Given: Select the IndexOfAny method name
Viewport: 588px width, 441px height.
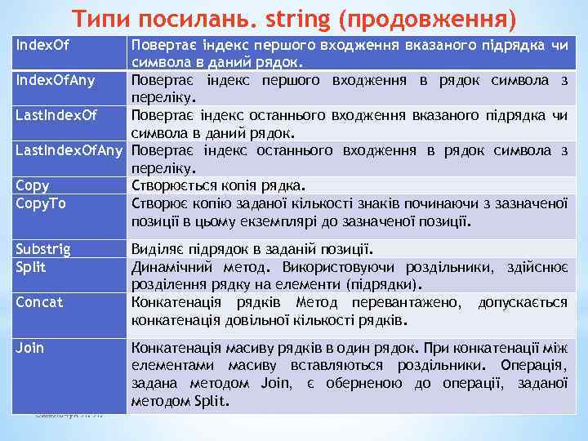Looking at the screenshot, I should pyautogui.click(x=52, y=80).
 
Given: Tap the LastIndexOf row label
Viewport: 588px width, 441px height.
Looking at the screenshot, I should pyautogui.click(x=56, y=115).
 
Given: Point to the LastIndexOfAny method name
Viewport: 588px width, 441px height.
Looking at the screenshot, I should pyautogui.click(x=68, y=150).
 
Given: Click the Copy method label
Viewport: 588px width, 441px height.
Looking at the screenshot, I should pyautogui.click(x=33, y=185).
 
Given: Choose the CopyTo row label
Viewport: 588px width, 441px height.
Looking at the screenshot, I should pyautogui.click(x=41, y=202).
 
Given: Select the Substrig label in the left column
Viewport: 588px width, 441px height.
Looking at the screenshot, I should pyautogui.click(x=43, y=249).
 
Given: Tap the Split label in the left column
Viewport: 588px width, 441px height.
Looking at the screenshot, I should pyautogui.click(x=32, y=266).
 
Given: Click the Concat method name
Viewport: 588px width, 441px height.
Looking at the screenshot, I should pyautogui.click(x=38, y=301).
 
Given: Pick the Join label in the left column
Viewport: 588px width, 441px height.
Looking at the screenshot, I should pyautogui.click(x=30, y=348).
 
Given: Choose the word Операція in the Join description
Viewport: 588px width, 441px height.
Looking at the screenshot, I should pyautogui.click(x=534, y=366).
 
